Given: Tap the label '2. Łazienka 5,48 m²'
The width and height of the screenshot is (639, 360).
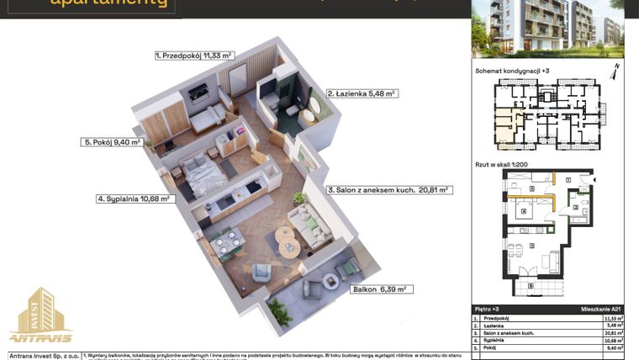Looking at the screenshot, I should pyautogui.click(x=362, y=93).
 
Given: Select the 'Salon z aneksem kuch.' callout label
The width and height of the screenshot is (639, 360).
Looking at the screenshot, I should pyautogui.click(x=389, y=190).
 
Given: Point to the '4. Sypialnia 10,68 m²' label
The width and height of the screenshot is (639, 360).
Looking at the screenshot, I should pyautogui.click(x=133, y=199).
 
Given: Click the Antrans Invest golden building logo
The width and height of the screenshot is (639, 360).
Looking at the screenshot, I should pyautogui.click(x=40, y=319).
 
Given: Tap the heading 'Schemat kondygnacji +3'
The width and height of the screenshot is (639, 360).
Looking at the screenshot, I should pyautogui.click(x=511, y=72).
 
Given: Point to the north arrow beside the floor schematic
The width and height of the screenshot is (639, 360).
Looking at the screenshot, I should pyautogui.click(x=616, y=71).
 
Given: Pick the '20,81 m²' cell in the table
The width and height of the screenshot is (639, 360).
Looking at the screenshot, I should pyautogui.click(x=612, y=333).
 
